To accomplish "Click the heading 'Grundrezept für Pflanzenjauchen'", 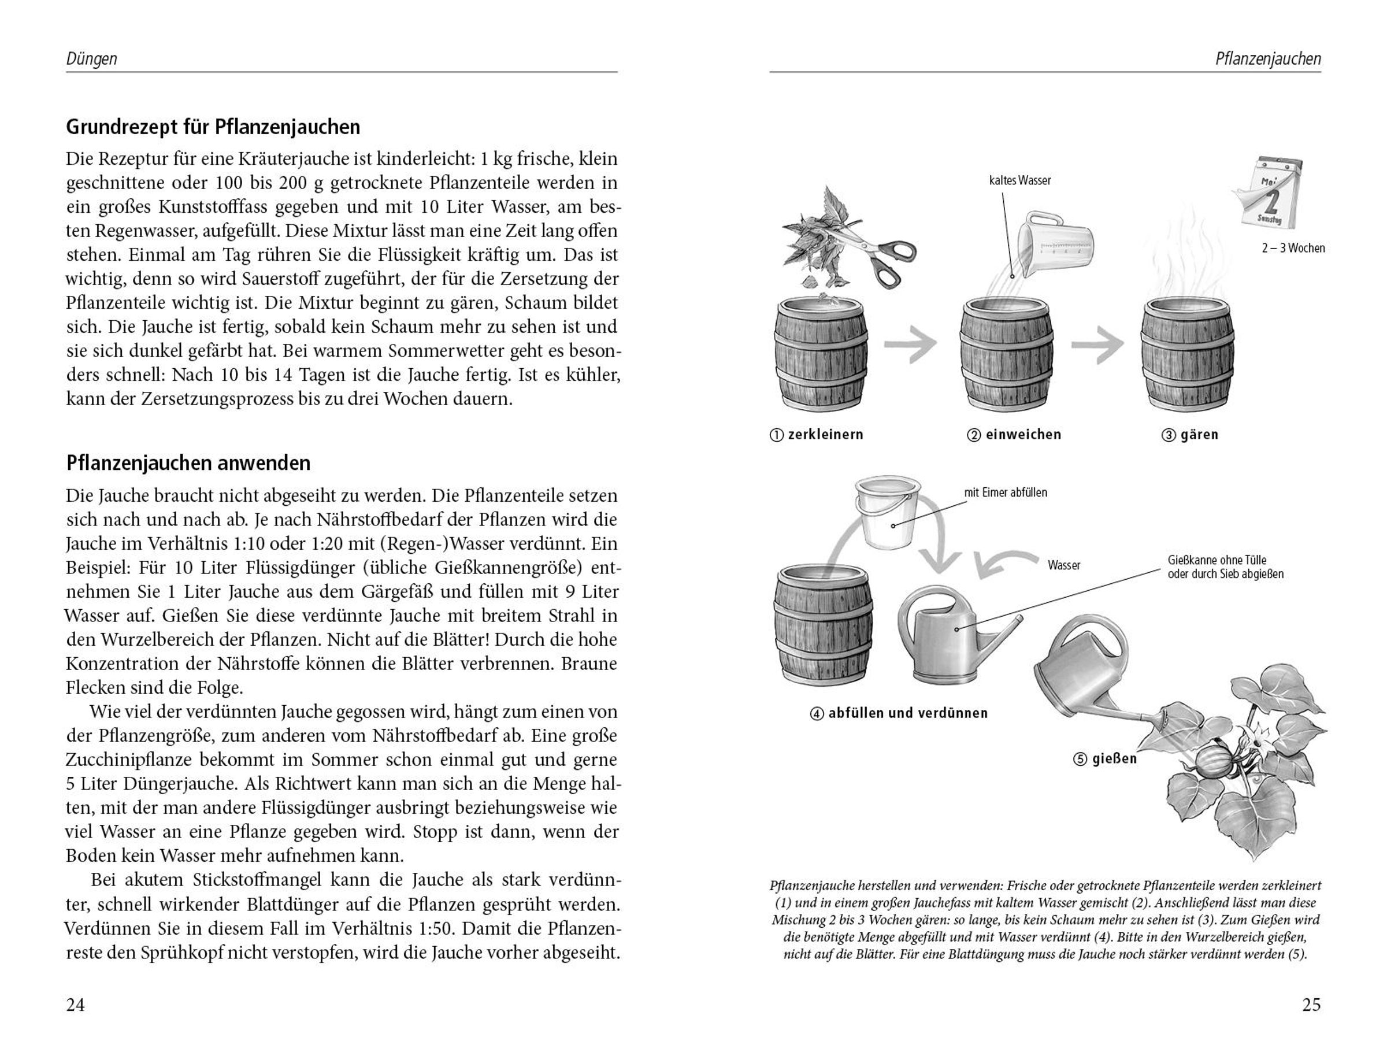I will pyautogui.click(x=213, y=127).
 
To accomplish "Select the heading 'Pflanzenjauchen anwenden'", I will pyautogui.click(x=188, y=463).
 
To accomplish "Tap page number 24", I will pyautogui.click(x=75, y=1005).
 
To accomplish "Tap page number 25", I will pyautogui.click(x=1311, y=1005).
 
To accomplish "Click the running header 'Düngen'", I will pyautogui.click(x=92, y=60).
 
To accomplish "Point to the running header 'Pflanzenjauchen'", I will pyautogui.click(x=1268, y=60).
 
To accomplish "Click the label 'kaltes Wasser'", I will pyautogui.click(x=1019, y=180).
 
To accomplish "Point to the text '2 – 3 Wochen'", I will pyautogui.click(x=1293, y=248).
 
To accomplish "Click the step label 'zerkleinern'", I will pyautogui.click(x=825, y=435).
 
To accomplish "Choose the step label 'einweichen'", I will pyautogui.click(x=1023, y=435).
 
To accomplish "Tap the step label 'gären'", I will pyautogui.click(x=1199, y=435).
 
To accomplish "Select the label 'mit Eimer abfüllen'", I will pyautogui.click(x=1005, y=492).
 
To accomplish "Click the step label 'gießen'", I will pyautogui.click(x=1114, y=758).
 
